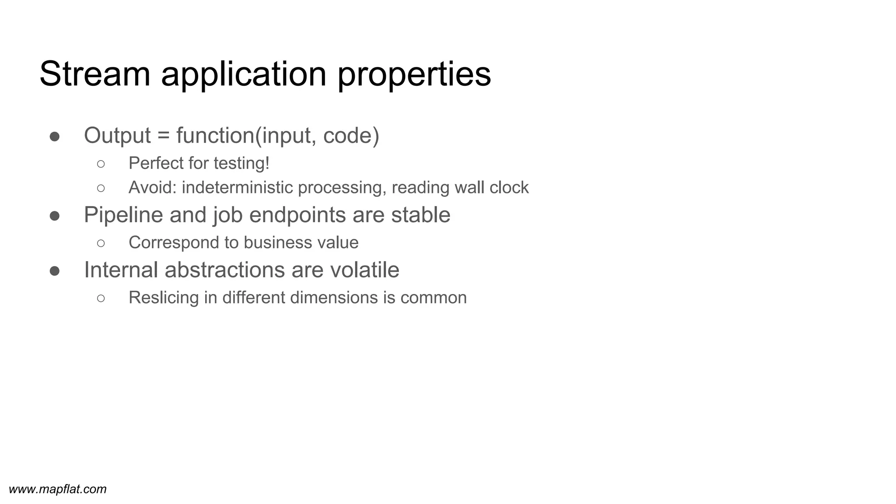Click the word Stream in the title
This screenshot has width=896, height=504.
tap(95, 74)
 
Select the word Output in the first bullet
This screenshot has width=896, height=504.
tap(117, 135)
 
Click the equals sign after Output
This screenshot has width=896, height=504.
tap(163, 136)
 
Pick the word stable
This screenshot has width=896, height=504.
tap(420, 215)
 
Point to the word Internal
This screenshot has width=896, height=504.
tap(121, 269)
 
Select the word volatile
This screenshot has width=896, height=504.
tap(364, 269)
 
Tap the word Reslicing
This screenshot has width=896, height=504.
tap(164, 298)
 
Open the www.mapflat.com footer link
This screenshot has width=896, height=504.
tap(58, 489)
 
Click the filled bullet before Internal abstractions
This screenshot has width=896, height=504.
tap(55, 271)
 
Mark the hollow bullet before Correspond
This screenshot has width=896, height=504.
tap(101, 243)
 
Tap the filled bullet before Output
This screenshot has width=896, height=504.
tap(55, 136)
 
